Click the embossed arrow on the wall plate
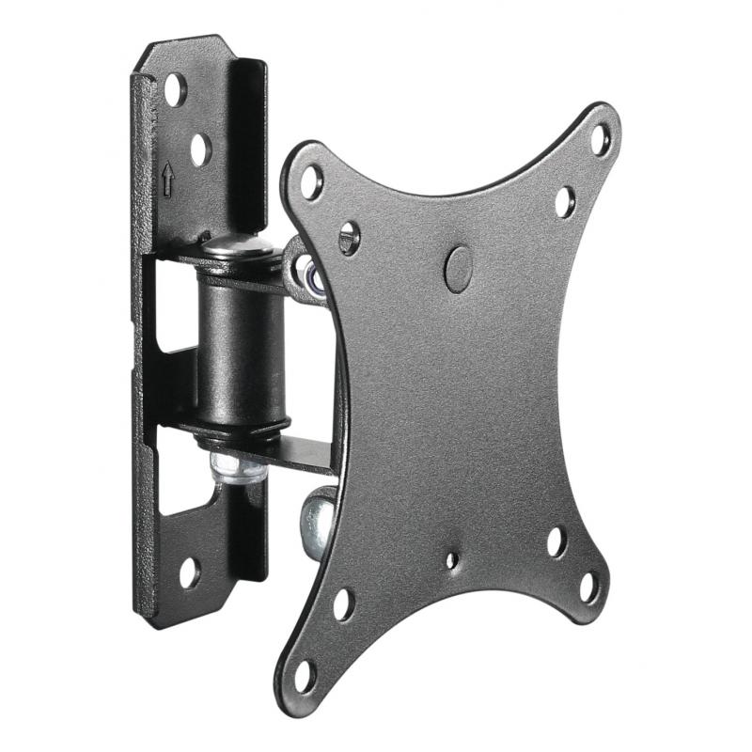[x=168, y=176]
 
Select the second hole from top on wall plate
[x=199, y=148]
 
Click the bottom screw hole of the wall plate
[x=190, y=572]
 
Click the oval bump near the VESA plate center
[x=458, y=266]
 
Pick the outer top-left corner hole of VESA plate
[x=312, y=180]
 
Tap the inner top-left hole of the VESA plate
[x=349, y=237]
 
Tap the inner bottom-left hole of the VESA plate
[x=343, y=603]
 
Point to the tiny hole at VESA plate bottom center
[x=453, y=560]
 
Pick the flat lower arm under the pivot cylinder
[x=282, y=451]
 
